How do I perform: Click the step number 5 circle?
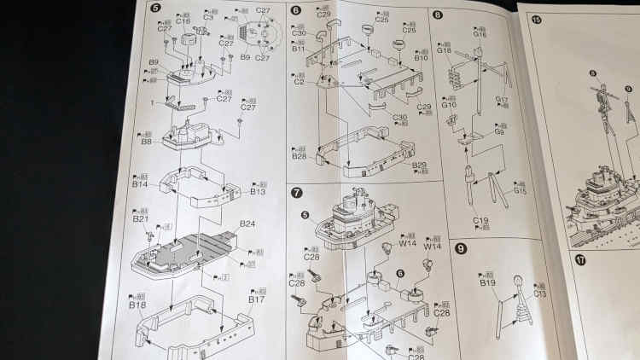pos(154,11)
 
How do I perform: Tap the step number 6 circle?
pos(295,11)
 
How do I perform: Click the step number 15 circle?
pos(536,19)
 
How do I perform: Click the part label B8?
pos(147,142)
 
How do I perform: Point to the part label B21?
pos(141,219)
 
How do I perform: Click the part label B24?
pos(247,224)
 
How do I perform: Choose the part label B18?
pos(137,305)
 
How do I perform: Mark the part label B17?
pos(257,299)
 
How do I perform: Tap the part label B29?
pos(419,164)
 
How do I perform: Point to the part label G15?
pos(520,192)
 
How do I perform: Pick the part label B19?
pos(487,282)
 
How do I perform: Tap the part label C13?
pos(539,294)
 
